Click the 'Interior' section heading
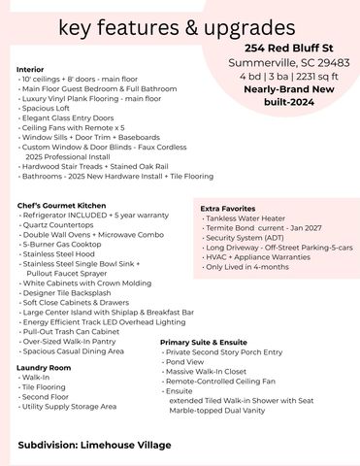tap(31, 69)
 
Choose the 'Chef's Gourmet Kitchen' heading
tap(62, 205)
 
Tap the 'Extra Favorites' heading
tap(228, 208)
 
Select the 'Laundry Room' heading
tap(44, 368)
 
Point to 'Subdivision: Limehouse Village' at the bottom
tap(94, 445)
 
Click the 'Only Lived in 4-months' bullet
tap(248, 266)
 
